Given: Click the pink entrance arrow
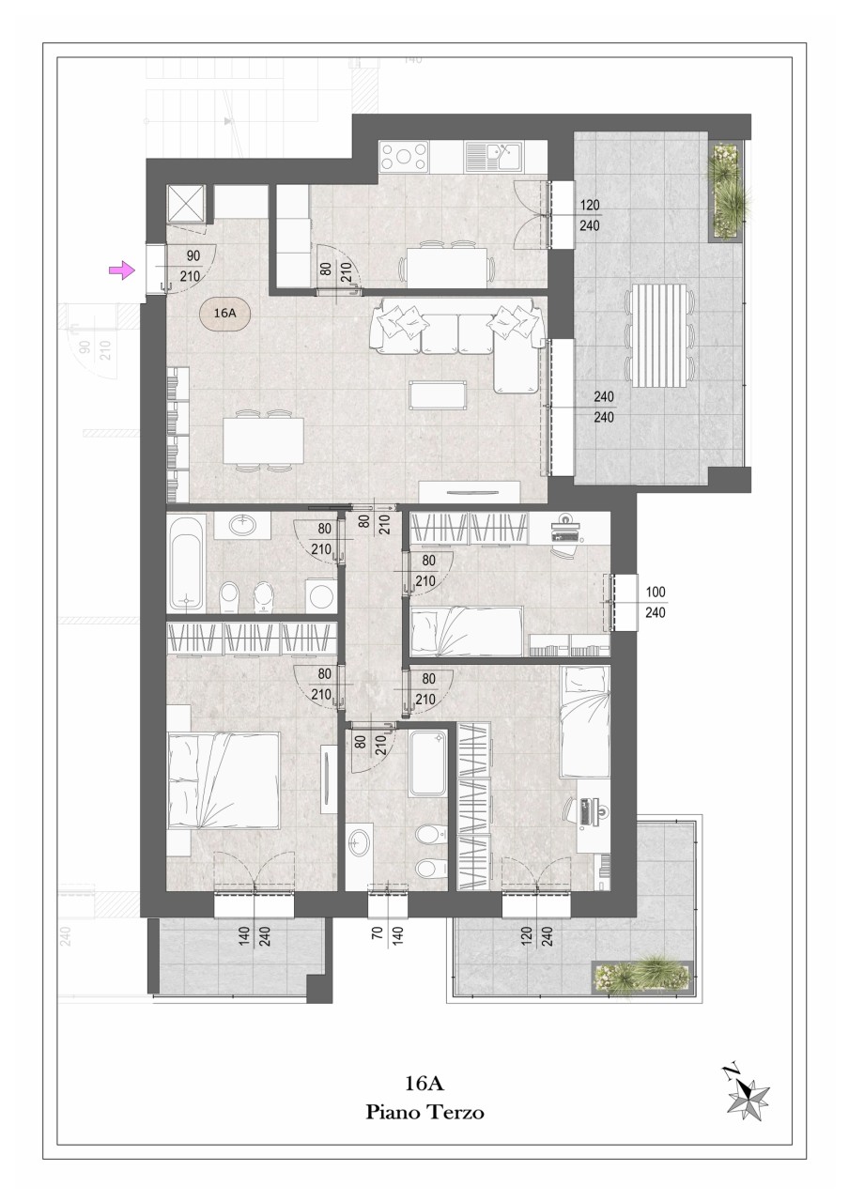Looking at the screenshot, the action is tap(121, 270).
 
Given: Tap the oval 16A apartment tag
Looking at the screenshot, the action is tap(225, 314).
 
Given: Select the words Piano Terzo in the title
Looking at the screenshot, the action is tap(424, 1110).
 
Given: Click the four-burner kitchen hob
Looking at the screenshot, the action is tap(404, 156).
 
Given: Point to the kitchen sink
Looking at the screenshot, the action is tap(493, 156).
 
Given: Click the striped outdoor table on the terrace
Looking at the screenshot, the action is tap(659, 335).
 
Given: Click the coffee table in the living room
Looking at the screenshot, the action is tap(438, 395).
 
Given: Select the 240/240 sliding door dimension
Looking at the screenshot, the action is tap(604, 408).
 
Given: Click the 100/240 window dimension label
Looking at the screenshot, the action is tap(656, 602).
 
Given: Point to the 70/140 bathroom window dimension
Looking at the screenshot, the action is tap(388, 937).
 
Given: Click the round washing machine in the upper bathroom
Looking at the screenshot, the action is tap(320, 595).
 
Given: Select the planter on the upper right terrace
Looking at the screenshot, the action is tap(727, 190).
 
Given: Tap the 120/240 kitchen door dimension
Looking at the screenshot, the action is tap(590, 216).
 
